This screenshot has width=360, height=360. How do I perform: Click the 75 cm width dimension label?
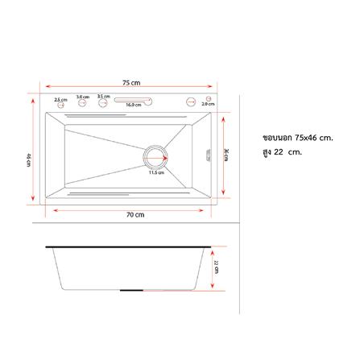pyautogui.click(x=132, y=82)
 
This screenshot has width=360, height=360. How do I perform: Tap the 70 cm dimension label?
pyautogui.click(x=135, y=215)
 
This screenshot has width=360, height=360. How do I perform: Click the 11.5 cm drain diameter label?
pyautogui.click(x=155, y=172)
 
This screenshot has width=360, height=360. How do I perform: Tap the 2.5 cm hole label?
pyautogui.click(x=60, y=99)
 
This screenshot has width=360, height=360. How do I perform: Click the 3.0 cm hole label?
pyautogui.click(x=82, y=97)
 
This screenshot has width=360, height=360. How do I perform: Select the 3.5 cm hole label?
pyautogui.click(x=103, y=96)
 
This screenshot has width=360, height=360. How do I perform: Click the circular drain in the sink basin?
pyautogui.click(x=155, y=155)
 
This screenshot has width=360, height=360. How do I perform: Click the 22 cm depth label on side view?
pyautogui.click(x=216, y=265)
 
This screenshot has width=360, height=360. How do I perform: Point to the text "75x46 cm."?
pyautogui.click(x=314, y=138)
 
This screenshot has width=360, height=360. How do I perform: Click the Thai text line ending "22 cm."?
pyautogui.click(x=281, y=152)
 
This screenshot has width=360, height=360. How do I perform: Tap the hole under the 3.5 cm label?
pyautogui.click(x=104, y=102)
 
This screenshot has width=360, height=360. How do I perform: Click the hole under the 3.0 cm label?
pyautogui.click(x=82, y=103)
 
